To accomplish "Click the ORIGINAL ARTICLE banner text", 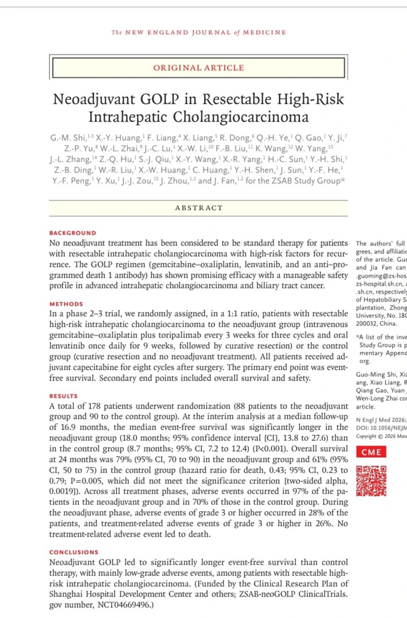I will click(x=198, y=68).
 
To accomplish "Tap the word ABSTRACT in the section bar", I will click(x=199, y=208).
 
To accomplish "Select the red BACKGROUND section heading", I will click(x=73, y=233).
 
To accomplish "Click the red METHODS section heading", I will click(x=66, y=304).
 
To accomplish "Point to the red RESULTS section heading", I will click(x=64, y=396).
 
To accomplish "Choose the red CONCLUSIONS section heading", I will click(x=74, y=552).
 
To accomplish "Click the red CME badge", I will click(x=372, y=452).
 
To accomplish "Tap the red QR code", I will click(x=372, y=480).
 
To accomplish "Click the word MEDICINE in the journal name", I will click(x=264, y=33).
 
